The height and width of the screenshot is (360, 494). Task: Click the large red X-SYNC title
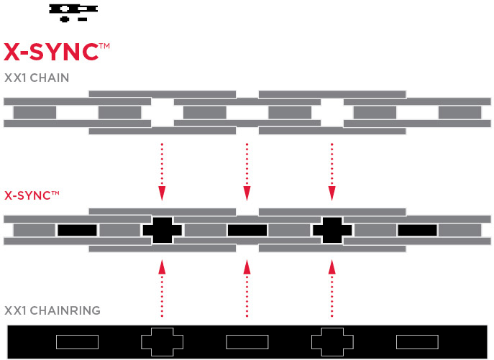[56, 52]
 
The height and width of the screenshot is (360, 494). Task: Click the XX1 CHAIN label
[37, 78]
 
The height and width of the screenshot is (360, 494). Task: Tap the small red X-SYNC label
[29, 195]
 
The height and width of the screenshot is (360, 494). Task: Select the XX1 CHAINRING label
[52, 310]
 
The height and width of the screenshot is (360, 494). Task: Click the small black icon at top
[73, 11]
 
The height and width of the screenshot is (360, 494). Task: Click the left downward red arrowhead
[163, 193]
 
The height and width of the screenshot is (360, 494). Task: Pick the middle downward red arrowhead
[247, 193]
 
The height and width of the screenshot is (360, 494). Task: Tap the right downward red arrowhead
[331, 193]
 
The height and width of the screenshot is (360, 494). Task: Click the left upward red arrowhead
[163, 267]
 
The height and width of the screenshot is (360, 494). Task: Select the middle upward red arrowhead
[247, 267]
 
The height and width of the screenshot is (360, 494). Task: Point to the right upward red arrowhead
[331, 267]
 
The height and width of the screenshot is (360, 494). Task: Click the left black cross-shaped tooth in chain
[163, 230]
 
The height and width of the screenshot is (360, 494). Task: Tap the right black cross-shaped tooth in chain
[332, 230]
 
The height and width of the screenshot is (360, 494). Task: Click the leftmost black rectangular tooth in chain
[77, 230]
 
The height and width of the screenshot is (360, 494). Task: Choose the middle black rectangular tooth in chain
[247, 230]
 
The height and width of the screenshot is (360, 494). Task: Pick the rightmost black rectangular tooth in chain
[417, 230]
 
